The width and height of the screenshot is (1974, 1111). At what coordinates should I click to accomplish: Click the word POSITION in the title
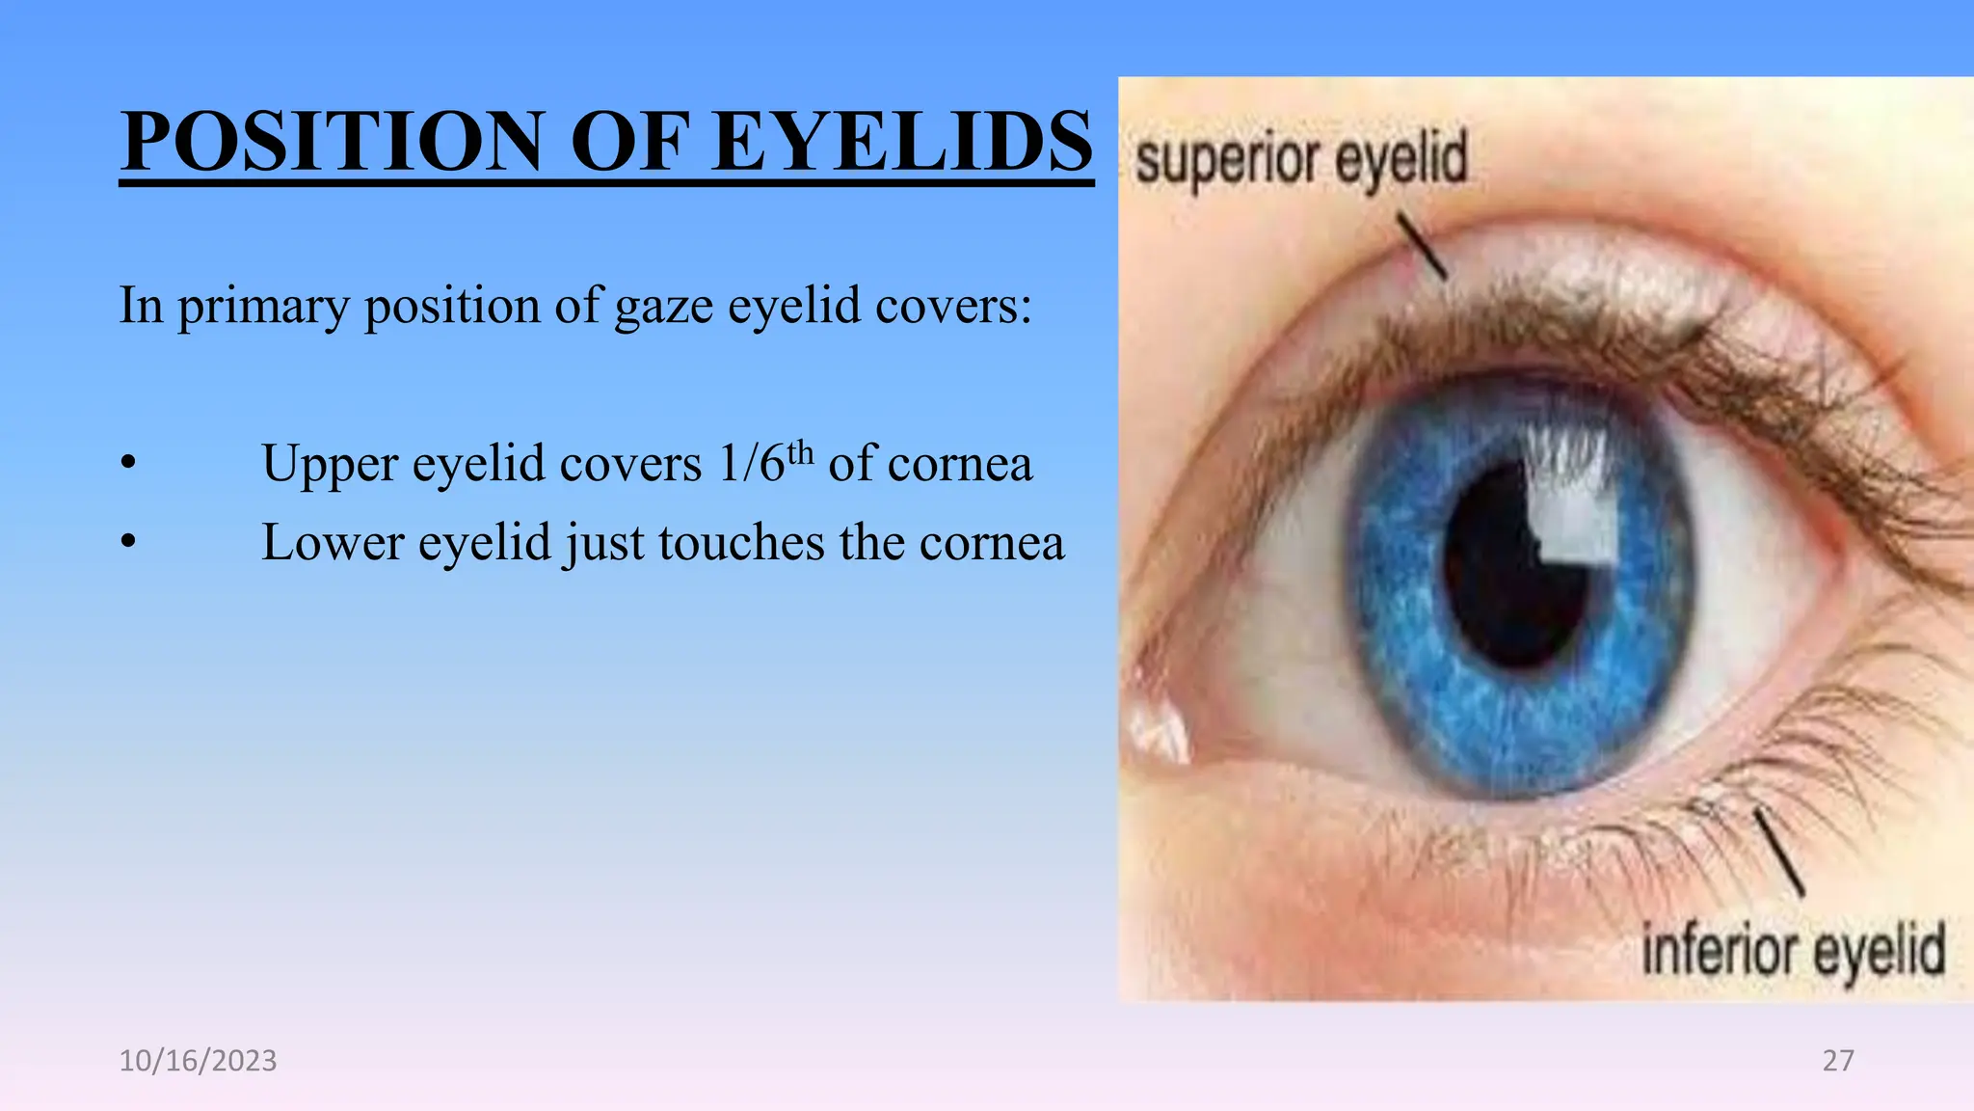[333, 142]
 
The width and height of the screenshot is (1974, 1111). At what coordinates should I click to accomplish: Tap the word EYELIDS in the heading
[902, 142]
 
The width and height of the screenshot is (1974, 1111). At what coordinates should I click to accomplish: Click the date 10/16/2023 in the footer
[198, 1061]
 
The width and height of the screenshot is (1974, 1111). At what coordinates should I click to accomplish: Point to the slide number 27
[1837, 1061]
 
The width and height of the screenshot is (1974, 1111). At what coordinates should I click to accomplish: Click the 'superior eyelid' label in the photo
[1301, 160]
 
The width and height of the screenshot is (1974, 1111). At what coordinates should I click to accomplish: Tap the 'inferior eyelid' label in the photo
[1793, 951]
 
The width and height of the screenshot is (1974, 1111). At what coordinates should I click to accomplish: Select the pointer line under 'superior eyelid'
[1422, 246]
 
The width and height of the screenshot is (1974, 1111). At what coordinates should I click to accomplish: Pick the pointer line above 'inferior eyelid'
[1778, 853]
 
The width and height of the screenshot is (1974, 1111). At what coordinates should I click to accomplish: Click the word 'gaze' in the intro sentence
[664, 307]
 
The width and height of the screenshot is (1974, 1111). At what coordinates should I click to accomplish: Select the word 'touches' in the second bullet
[741, 542]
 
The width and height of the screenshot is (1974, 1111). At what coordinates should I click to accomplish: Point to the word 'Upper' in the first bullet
[329, 464]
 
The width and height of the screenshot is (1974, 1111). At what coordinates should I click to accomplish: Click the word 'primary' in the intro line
[263, 307]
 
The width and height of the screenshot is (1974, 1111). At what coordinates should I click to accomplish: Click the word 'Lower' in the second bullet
[333, 542]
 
